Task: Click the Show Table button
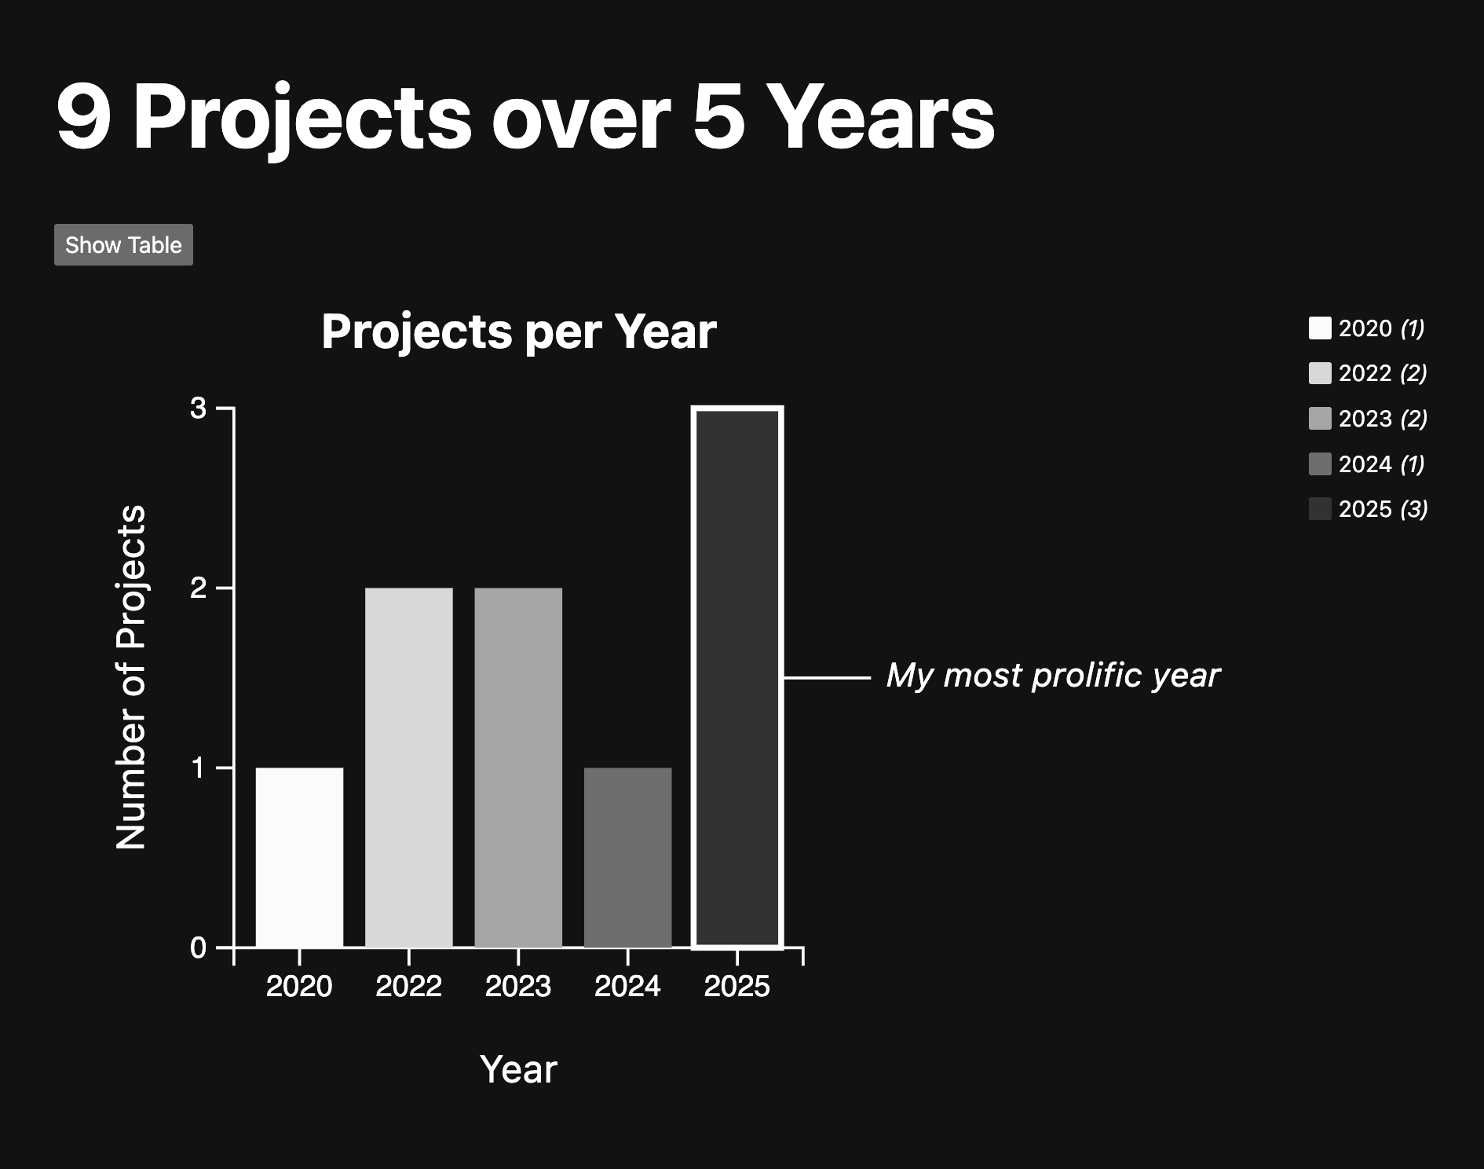(123, 245)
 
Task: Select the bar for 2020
(299, 857)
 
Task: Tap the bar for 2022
(409, 768)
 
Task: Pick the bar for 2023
(518, 768)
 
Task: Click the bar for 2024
(628, 857)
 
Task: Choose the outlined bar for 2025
(737, 677)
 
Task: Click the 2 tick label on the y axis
(199, 588)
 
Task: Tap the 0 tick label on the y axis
(199, 947)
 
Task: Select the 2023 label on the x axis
(518, 986)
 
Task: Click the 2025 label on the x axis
(737, 986)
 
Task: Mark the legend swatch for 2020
(1320, 328)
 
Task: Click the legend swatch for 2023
(1320, 419)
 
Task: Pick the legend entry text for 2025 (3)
(1383, 509)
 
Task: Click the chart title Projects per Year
(519, 332)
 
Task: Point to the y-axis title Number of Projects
(131, 677)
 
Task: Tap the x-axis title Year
(518, 1069)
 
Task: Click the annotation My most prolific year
(1053, 676)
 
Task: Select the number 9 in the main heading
(83, 118)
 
